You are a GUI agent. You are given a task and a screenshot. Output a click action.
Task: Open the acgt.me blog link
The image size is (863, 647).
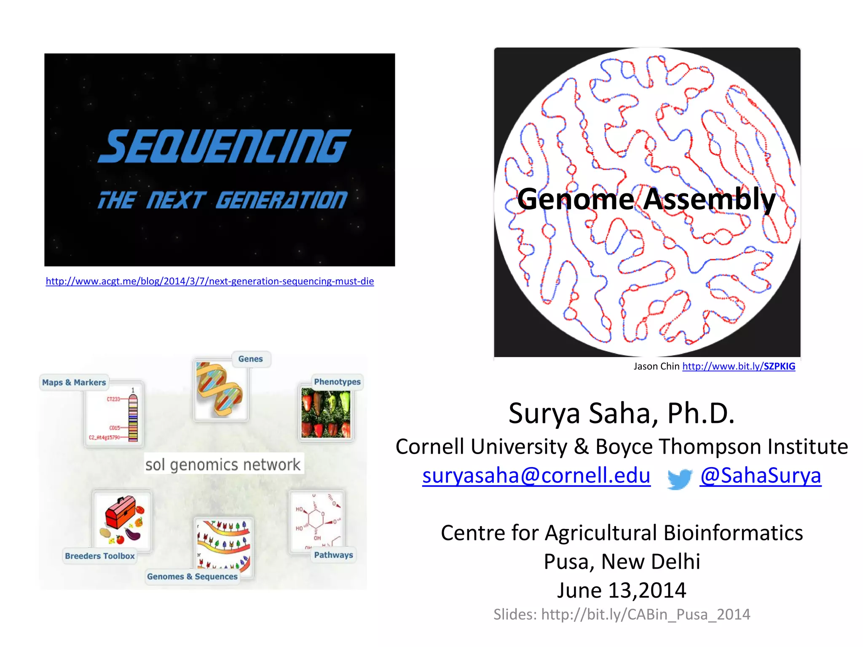[210, 281]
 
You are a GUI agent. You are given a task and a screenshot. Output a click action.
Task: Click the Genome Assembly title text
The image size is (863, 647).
[646, 199]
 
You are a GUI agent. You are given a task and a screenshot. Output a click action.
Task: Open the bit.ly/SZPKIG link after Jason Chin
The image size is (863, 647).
[739, 366]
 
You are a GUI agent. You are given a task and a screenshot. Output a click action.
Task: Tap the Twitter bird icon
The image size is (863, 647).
[679, 479]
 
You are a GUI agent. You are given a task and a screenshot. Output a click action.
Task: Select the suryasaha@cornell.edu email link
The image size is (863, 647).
[536, 476]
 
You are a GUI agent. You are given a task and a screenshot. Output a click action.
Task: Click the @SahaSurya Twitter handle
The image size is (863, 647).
[761, 476]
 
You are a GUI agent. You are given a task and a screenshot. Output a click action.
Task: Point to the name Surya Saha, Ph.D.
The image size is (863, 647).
[622, 413]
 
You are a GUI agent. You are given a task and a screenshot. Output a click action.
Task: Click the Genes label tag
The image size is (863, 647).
[251, 359]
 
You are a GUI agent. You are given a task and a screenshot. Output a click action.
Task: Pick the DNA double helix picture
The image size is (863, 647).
[220, 390]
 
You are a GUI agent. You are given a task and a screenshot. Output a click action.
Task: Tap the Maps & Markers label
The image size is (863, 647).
[74, 382]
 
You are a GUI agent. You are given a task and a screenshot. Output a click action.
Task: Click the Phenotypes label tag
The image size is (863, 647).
[337, 382]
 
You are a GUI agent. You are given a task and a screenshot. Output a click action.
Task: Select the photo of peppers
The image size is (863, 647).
[326, 413]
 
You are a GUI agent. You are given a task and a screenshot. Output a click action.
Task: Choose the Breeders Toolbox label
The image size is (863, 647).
[100, 556]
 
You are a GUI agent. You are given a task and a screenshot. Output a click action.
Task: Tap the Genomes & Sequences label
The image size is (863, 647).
[192, 577]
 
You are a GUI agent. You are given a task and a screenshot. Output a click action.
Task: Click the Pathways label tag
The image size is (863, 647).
[333, 555]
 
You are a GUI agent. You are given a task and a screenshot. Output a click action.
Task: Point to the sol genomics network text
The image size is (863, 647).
[223, 465]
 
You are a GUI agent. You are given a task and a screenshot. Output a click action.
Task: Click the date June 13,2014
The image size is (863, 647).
[622, 590]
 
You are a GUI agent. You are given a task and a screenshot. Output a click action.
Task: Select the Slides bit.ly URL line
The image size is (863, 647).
[622, 615]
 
